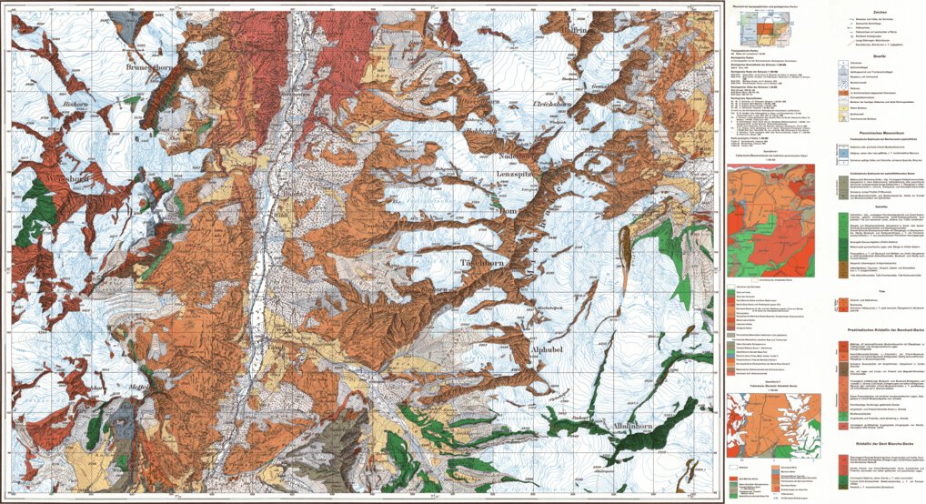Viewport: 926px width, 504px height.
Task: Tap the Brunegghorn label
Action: (150, 69)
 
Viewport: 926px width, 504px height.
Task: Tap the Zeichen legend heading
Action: (827, 11)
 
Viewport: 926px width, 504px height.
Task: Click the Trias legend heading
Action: (827, 292)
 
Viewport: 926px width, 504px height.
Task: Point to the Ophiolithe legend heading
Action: (827, 207)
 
